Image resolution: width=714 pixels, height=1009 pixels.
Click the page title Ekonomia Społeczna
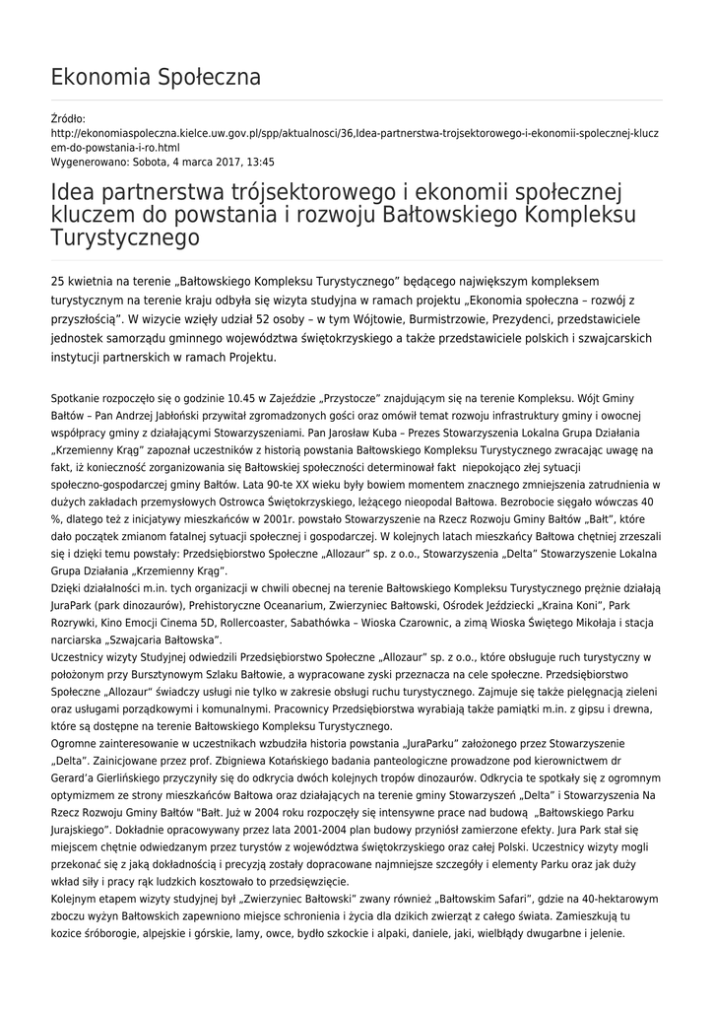pos(155,77)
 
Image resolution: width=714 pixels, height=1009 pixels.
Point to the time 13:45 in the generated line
pos(258,162)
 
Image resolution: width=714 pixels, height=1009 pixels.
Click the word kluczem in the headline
pos(92,214)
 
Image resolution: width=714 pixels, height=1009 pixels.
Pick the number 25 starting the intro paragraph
pos(58,282)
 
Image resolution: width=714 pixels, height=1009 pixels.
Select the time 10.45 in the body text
pos(217,398)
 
